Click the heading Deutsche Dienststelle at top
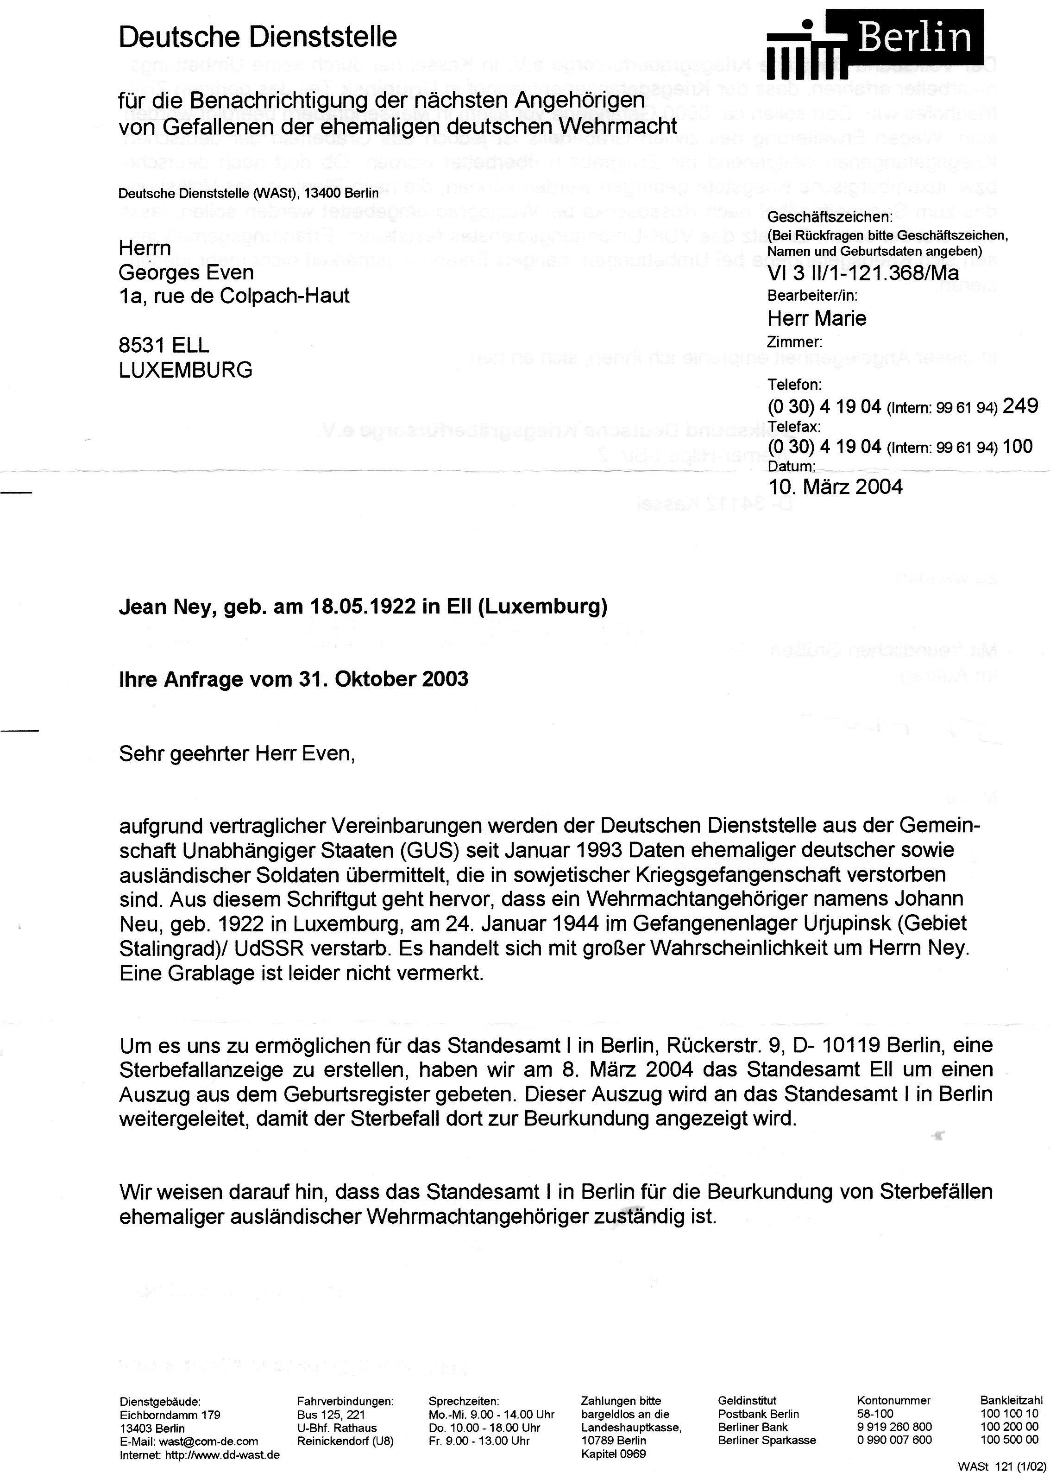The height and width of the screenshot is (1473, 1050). pos(258,38)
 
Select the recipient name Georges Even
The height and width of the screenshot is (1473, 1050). pos(186,272)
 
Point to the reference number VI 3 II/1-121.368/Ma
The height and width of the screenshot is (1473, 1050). pos(863,273)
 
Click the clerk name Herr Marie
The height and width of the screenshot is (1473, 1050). pos(817,318)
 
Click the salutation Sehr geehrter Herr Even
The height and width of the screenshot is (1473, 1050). pos(237,753)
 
